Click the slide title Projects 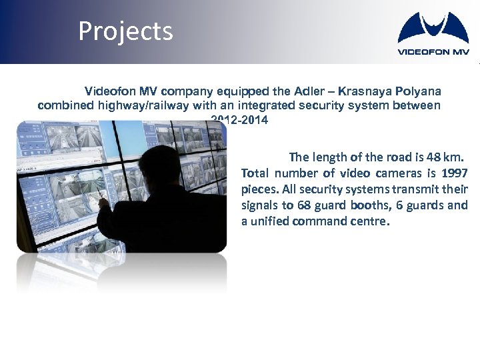pos(125,31)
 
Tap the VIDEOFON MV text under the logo pos(433,51)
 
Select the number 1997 pos(454,173)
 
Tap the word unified pos(272,221)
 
